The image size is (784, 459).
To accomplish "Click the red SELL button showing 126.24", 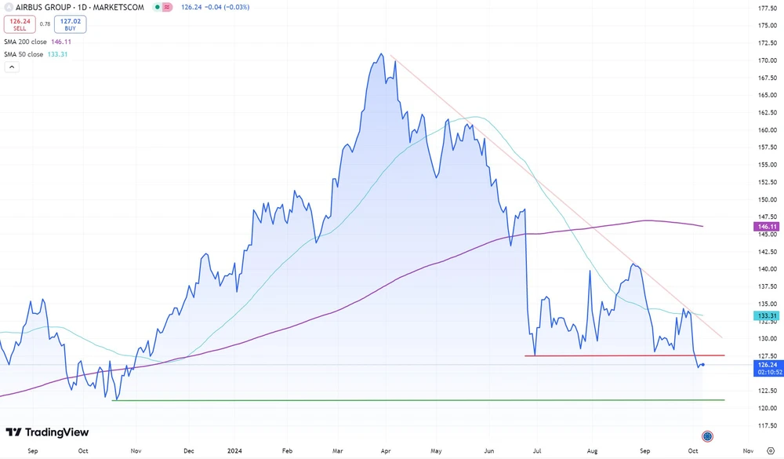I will (x=20, y=24).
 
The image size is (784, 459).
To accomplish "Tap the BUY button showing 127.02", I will (x=70, y=24).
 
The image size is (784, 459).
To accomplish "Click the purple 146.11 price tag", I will (x=768, y=226).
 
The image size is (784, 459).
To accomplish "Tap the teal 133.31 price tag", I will (x=768, y=316).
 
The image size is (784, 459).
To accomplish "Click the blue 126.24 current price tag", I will (x=768, y=365).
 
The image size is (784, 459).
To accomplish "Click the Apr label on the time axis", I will (x=386, y=451).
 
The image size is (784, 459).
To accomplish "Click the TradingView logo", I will (x=48, y=432).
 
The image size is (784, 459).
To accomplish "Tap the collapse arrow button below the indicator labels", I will (x=11, y=67).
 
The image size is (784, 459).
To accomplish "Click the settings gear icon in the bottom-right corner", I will (x=770, y=451).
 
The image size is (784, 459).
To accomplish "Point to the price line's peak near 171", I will (x=380, y=54).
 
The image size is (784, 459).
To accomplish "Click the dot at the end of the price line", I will (x=703, y=364).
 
